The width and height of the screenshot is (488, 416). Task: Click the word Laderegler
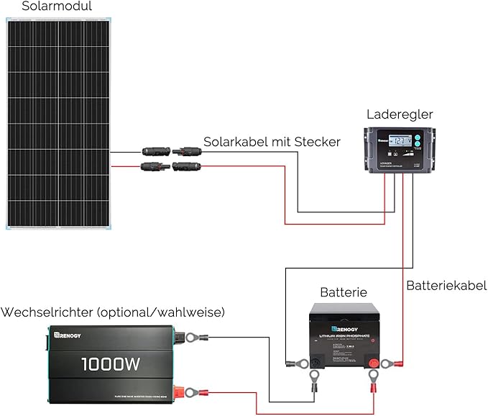(400, 114)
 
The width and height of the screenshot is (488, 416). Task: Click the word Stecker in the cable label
(317, 142)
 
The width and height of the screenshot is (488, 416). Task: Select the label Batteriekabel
(446, 286)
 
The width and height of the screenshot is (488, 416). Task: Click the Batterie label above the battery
(343, 293)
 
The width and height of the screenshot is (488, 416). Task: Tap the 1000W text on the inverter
(111, 364)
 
